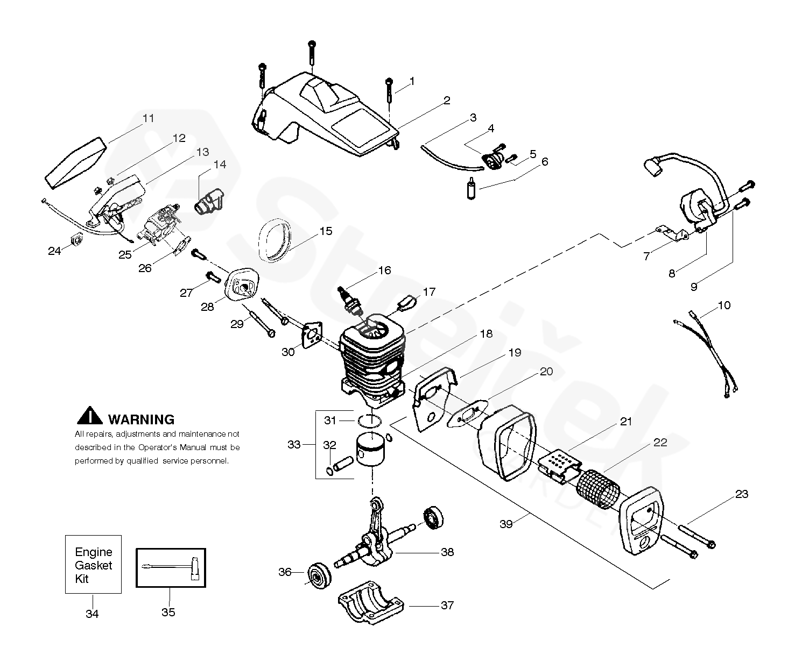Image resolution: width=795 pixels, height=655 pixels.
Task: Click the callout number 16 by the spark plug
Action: (x=384, y=270)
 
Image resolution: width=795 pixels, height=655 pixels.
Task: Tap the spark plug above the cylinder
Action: (x=349, y=302)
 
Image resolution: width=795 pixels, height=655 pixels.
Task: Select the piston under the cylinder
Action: (x=370, y=448)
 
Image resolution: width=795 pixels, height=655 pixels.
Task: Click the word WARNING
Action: (x=141, y=419)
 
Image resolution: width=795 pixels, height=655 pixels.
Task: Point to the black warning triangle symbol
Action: (x=90, y=415)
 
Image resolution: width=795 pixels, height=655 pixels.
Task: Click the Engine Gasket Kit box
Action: (x=93, y=565)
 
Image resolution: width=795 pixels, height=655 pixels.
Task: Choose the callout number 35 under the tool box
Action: (x=168, y=613)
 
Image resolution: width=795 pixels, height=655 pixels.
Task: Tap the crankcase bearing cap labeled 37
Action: (x=370, y=602)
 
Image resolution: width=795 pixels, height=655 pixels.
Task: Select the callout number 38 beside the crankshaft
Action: (x=447, y=552)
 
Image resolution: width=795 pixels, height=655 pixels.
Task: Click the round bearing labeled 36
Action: (x=319, y=575)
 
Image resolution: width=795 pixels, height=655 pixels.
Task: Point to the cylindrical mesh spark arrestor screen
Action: (x=598, y=489)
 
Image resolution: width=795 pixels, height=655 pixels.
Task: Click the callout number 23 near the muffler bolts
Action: (x=742, y=494)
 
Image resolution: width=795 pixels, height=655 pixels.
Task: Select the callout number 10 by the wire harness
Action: (x=724, y=305)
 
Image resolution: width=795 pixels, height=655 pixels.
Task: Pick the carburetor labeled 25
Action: (x=159, y=225)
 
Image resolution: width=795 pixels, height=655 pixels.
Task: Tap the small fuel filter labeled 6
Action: (x=472, y=188)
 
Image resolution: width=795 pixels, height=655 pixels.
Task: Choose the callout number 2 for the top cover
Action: (x=447, y=101)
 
